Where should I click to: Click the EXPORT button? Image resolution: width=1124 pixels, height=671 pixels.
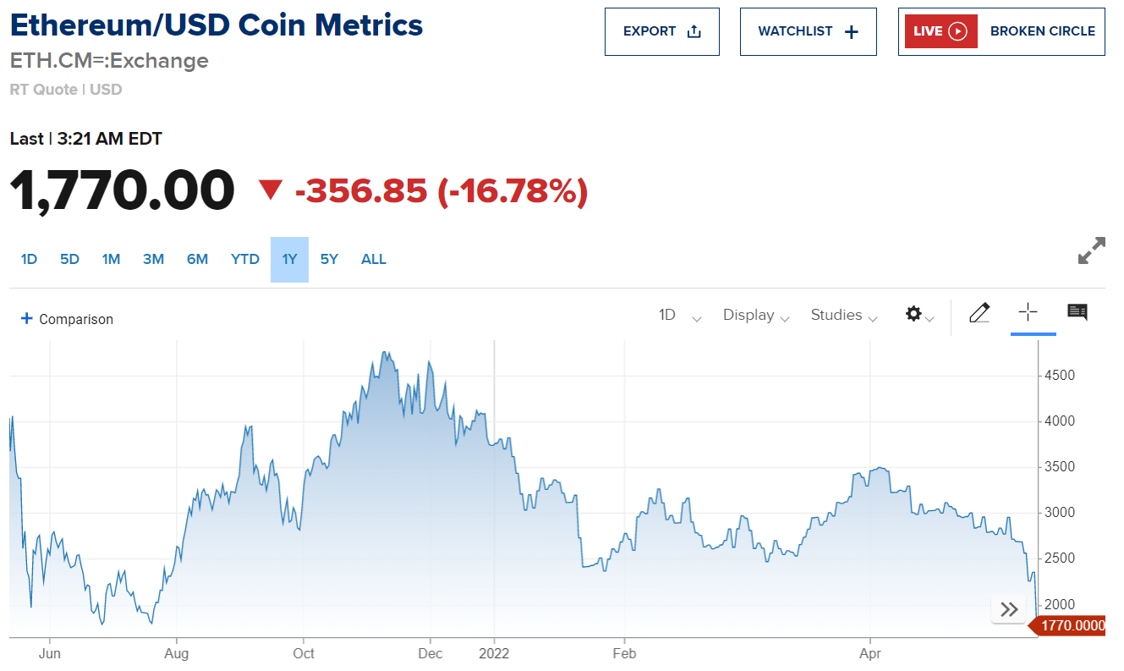[661, 32]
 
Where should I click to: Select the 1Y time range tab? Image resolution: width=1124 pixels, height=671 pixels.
[289, 260]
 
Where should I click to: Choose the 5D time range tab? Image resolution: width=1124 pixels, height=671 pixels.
[69, 260]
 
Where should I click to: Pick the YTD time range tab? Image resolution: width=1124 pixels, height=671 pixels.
[245, 260]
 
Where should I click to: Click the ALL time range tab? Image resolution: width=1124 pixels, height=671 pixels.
[373, 260]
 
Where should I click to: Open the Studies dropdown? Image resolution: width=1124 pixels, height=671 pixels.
[843, 316]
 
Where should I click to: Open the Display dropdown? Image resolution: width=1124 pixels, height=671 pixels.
[755, 316]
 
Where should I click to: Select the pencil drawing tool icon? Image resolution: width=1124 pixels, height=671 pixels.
[979, 313]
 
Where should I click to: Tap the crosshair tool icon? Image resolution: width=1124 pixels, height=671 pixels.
[1028, 312]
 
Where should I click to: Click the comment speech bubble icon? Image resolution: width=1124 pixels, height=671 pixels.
[1077, 312]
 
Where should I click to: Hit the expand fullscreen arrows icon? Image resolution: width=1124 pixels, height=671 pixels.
[1091, 251]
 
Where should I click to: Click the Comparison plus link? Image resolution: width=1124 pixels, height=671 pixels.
[67, 319]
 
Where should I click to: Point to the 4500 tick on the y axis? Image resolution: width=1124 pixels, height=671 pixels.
[1058, 376]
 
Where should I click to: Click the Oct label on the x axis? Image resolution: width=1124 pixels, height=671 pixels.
[303, 654]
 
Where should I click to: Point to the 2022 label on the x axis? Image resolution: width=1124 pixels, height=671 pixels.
[494, 654]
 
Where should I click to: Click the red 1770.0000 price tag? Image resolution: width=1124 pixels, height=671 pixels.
[1070, 626]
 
